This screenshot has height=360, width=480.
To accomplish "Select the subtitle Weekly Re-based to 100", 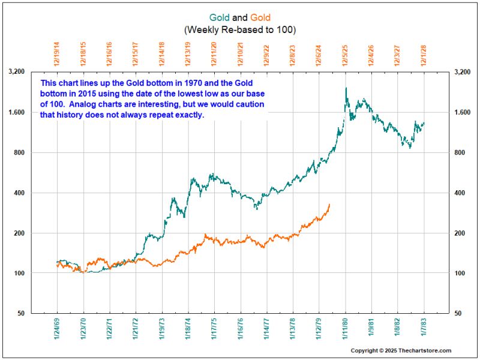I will click(240, 29).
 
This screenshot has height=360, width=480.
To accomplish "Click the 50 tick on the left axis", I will click(19, 313).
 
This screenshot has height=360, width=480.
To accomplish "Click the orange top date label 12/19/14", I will click(57, 53).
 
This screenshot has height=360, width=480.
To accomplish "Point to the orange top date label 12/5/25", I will click(345, 53).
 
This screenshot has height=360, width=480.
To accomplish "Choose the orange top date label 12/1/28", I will click(424, 53).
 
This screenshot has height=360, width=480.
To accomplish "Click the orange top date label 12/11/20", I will click(214, 53).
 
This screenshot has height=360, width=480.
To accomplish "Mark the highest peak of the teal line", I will click(346, 88).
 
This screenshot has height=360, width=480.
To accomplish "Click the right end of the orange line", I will click(329, 205).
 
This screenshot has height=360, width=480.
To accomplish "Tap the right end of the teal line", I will click(424, 123).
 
